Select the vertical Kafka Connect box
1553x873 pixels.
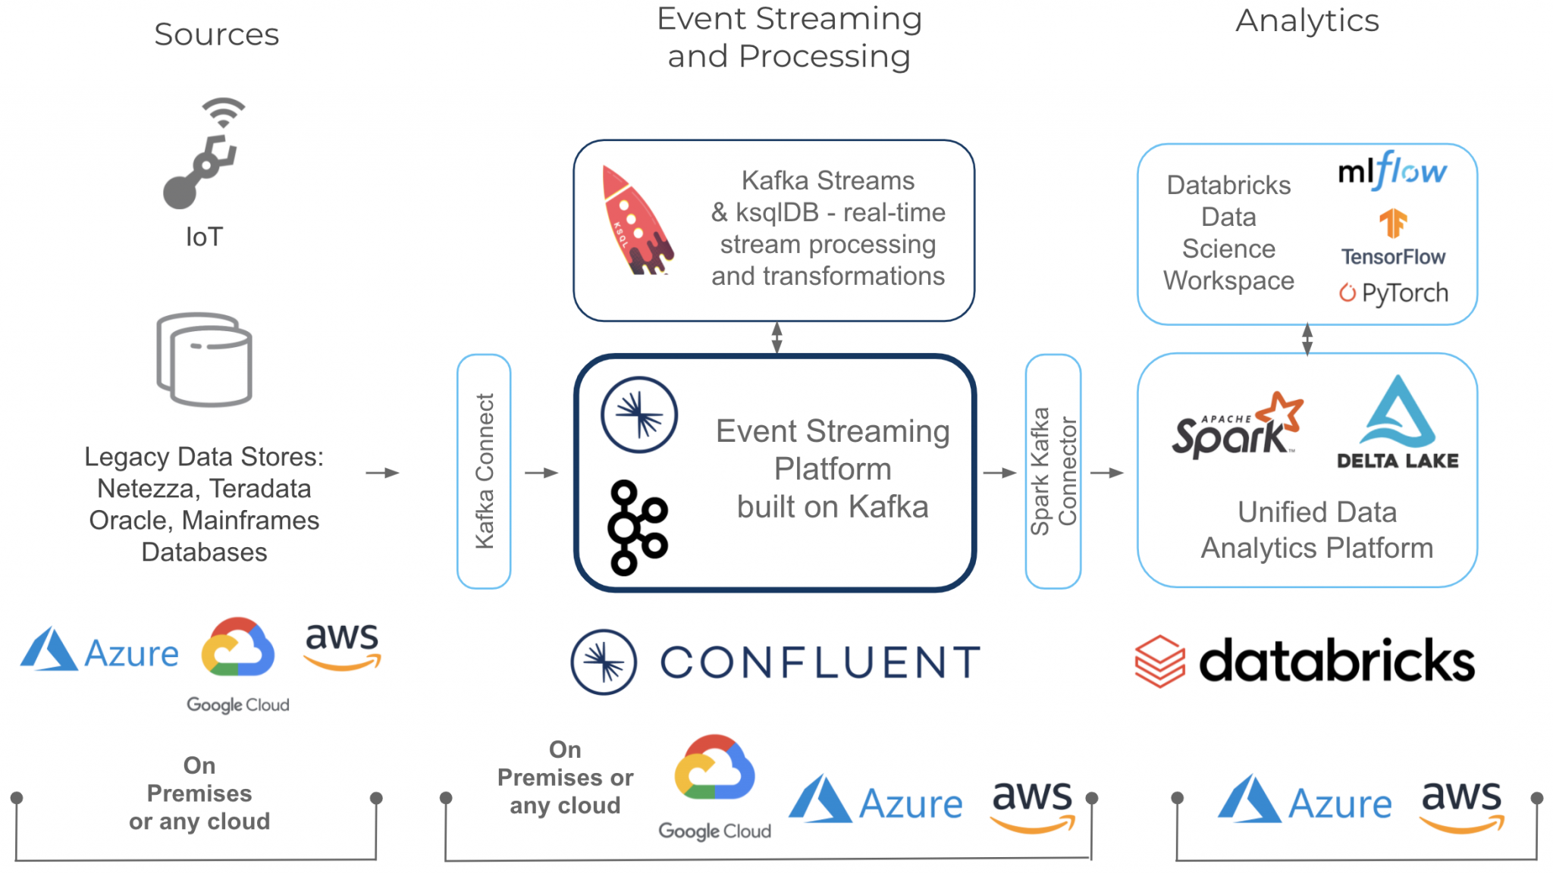tap(484, 471)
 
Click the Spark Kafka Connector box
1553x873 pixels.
tap(1053, 471)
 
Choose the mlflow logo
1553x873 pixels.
tap(1392, 171)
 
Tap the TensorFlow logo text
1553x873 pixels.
tap(1393, 257)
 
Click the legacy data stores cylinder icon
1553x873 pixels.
tap(204, 360)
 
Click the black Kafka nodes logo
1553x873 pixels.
tap(637, 527)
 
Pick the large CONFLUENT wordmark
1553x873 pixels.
tap(820, 662)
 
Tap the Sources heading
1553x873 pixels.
tap(217, 34)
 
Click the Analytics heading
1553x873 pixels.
tap(1307, 20)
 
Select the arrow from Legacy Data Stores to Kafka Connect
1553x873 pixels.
tap(382, 473)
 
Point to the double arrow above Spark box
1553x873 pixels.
tap(1307, 339)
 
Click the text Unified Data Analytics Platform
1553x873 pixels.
tap(1316, 530)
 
